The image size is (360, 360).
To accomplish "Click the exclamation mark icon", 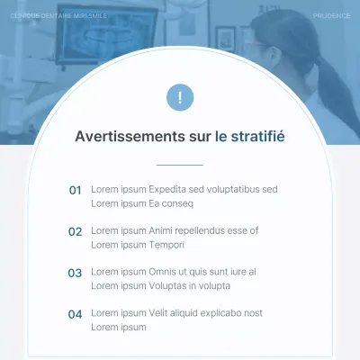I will (180, 98).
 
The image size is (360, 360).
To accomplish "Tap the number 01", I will (75, 190).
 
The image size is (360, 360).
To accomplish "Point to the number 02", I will (75, 231).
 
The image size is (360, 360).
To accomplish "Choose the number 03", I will (75, 272).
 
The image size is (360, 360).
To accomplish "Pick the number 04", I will (75, 313).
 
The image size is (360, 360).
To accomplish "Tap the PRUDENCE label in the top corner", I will (331, 16).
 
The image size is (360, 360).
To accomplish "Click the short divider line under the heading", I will (180, 165).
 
